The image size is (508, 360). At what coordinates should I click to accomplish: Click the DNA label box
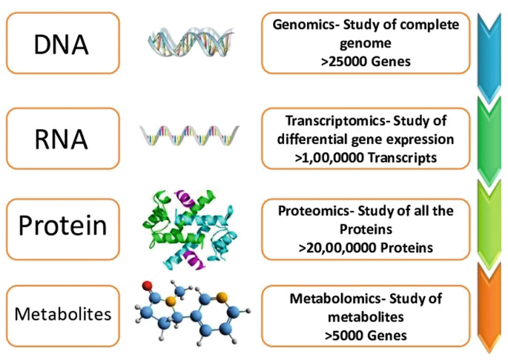click(x=61, y=44)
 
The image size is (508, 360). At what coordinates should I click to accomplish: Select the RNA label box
click(x=61, y=138)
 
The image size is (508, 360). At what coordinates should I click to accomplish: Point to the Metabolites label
click(x=63, y=313)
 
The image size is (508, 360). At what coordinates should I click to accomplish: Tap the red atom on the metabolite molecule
click(x=148, y=285)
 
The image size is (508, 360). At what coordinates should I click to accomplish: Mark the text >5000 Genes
click(x=365, y=335)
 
